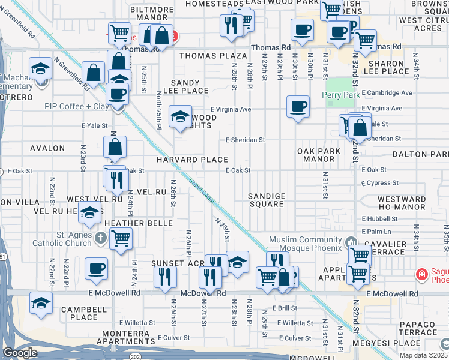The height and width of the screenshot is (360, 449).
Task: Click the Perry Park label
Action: [340, 95]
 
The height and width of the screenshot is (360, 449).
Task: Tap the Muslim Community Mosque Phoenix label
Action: [305, 244]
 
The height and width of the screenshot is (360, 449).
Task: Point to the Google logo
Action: [20, 352]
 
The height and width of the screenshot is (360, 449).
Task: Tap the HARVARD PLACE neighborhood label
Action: [193, 160]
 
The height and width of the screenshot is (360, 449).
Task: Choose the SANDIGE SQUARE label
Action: [267, 200]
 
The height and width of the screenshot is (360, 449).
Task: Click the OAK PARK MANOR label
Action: [318, 155]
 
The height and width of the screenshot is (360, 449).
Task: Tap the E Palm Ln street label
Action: [376, 232]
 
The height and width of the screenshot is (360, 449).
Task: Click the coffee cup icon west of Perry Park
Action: [298, 107]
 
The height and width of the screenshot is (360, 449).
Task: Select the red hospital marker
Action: [423, 274]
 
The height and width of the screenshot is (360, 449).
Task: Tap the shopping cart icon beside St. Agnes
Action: [121, 239]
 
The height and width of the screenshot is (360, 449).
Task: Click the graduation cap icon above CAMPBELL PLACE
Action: [41, 302]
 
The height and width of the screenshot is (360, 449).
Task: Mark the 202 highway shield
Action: [132, 356]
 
